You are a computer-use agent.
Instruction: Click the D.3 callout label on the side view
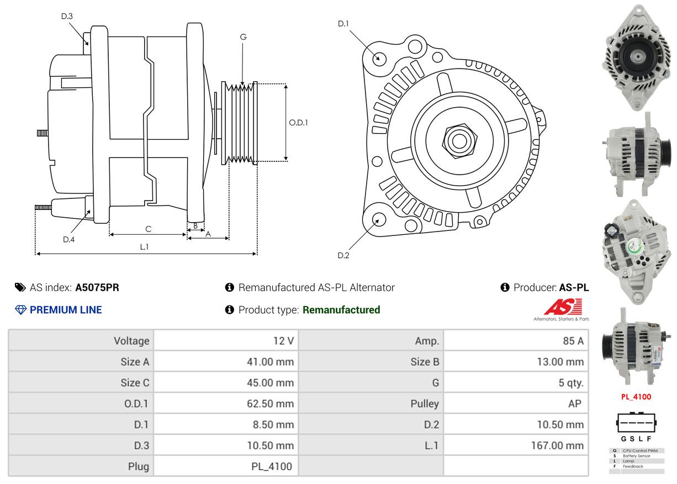(x=67, y=16)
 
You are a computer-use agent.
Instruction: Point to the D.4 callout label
(x=68, y=239)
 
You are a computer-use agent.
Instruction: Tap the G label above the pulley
(x=243, y=37)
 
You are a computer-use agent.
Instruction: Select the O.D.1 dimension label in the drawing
(x=299, y=123)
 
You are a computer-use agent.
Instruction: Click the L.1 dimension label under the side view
(x=144, y=247)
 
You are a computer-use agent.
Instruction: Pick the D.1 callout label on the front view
(x=343, y=23)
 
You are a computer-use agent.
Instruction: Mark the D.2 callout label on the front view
(x=343, y=255)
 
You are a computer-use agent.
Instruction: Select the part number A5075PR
(x=97, y=287)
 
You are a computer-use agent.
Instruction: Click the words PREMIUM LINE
(x=66, y=310)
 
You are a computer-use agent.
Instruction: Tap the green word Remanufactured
(x=341, y=310)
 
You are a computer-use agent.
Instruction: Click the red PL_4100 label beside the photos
(x=636, y=397)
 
